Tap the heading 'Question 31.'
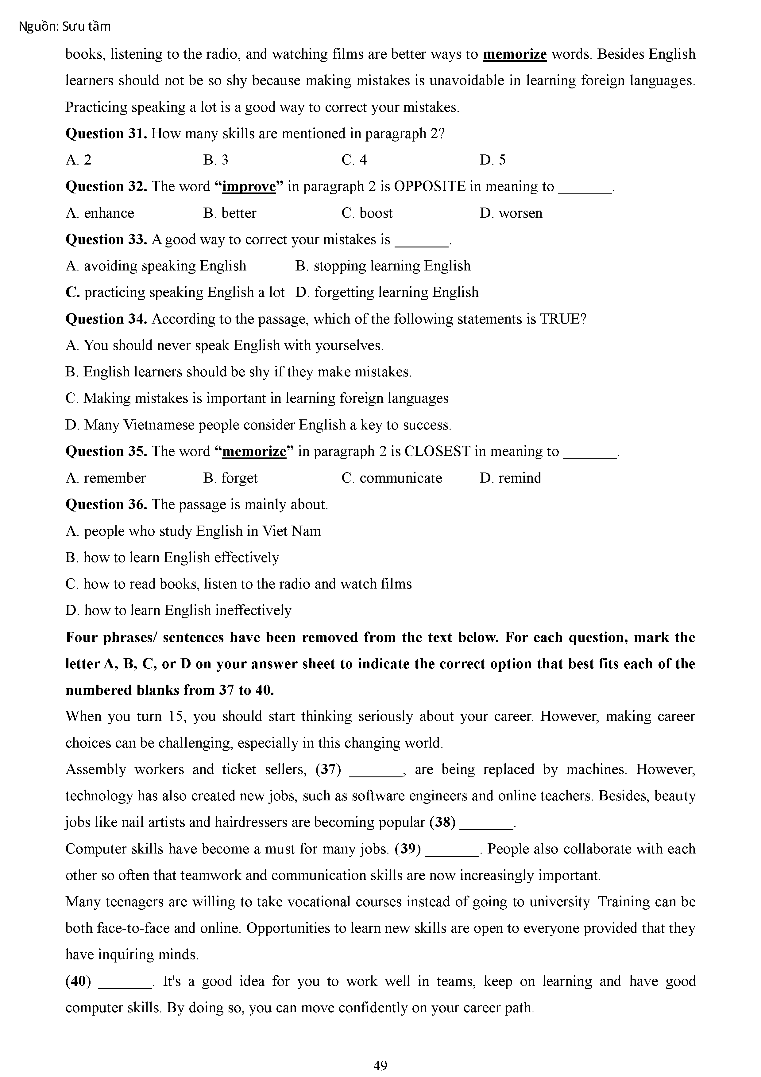[x=106, y=134]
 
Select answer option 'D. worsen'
[x=511, y=213]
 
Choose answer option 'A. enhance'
[x=100, y=213]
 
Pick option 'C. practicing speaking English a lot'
[x=175, y=292]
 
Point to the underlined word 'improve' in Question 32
[x=249, y=187]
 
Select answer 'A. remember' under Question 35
[x=106, y=478]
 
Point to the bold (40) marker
[x=78, y=981]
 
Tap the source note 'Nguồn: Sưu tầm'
[x=65, y=27]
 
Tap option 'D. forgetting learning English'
[x=387, y=292]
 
